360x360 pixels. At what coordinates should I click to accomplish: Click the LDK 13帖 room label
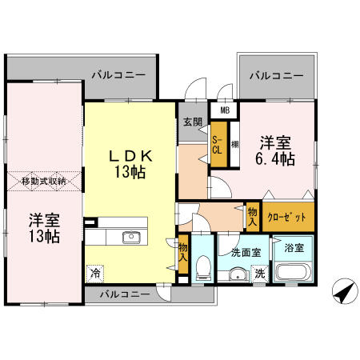(x=130, y=163)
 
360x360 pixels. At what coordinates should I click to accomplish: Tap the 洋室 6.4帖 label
(x=275, y=151)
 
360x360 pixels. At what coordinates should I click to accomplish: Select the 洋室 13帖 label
(x=44, y=228)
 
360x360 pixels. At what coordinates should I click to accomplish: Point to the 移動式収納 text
(x=44, y=182)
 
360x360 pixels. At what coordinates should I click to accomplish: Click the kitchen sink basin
(x=131, y=237)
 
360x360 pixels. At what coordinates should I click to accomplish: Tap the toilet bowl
(x=203, y=266)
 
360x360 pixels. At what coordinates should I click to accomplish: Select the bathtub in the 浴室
(x=293, y=272)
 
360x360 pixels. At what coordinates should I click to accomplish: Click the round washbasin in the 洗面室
(x=238, y=274)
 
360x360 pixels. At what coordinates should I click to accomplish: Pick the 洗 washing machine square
(x=260, y=274)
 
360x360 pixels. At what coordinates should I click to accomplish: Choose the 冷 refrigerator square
(x=94, y=274)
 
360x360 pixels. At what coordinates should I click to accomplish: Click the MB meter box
(x=225, y=110)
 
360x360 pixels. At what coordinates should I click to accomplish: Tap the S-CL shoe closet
(x=218, y=144)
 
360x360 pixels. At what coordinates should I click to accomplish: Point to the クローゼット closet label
(x=288, y=217)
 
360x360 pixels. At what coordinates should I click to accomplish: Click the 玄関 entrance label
(x=193, y=122)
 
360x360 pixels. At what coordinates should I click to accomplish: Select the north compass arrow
(x=345, y=291)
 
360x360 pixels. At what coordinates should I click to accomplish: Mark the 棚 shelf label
(x=234, y=145)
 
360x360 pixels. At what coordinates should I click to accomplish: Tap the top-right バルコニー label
(x=276, y=76)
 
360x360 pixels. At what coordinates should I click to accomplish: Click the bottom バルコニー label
(x=125, y=294)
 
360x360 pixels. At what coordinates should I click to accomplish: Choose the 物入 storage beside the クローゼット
(x=253, y=217)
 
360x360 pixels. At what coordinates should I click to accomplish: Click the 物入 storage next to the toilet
(x=183, y=254)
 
